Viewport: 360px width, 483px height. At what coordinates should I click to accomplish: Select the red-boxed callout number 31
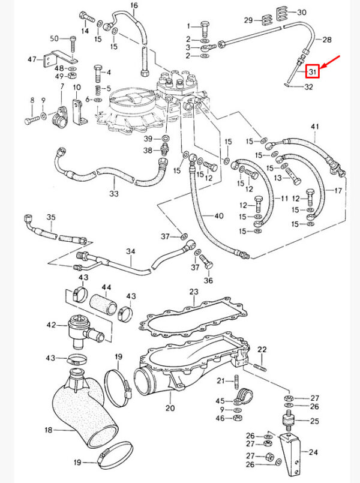pos(311,72)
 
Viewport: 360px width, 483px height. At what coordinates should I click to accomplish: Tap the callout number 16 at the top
pos(134,6)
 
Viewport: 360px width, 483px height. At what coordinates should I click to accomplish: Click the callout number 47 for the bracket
pos(32,59)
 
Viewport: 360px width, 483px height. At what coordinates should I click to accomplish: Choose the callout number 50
pos(53,39)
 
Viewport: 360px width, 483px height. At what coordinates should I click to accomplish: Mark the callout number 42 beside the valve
pos(52,325)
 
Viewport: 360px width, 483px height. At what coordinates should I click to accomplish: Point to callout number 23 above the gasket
pos(193,292)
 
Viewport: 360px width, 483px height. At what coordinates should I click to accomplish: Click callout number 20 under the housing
pos(170,408)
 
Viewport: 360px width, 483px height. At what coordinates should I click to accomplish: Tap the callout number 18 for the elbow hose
pos(49,430)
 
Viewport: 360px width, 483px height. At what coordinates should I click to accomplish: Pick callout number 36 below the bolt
pos(208,280)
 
